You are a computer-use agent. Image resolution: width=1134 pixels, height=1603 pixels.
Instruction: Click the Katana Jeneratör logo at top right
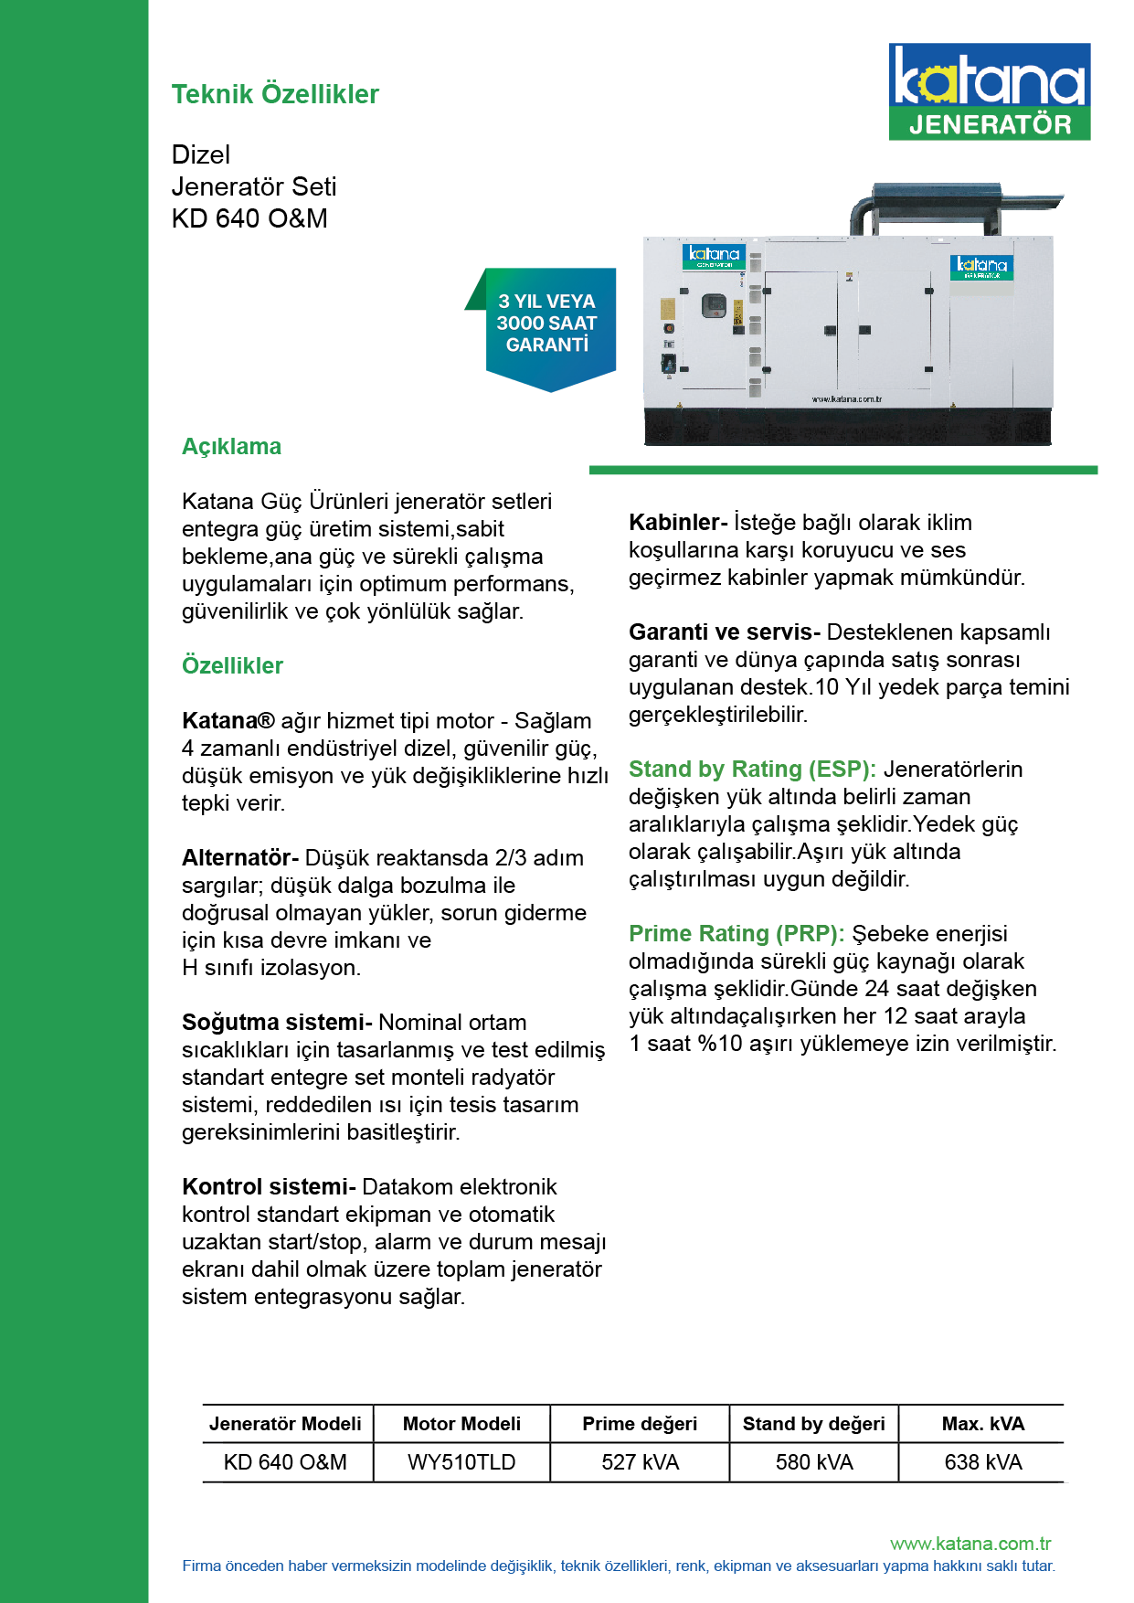[989, 91]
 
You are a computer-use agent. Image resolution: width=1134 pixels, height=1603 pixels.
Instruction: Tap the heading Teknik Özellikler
[275, 94]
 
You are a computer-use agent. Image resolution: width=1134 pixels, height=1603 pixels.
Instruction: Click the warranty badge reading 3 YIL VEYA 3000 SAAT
[546, 324]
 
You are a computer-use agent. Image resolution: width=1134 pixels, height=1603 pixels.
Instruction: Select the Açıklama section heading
[231, 447]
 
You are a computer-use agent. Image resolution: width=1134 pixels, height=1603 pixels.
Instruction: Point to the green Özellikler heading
[232, 665]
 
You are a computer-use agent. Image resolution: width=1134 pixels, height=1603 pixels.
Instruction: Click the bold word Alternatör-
[240, 857]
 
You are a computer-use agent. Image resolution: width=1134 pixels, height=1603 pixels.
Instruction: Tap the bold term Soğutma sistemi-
[277, 1022]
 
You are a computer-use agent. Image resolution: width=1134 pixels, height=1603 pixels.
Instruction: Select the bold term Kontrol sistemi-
[269, 1186]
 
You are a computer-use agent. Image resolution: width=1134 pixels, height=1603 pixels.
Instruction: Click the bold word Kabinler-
[678, 522]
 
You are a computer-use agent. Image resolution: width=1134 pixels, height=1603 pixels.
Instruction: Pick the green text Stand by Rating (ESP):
[752, 769]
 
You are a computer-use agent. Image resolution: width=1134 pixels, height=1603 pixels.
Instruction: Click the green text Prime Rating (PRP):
[737, 933]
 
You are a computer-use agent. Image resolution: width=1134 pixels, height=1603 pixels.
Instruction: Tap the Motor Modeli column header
[461, 1424]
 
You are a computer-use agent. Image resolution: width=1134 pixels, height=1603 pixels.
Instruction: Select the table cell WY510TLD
[461, 1462]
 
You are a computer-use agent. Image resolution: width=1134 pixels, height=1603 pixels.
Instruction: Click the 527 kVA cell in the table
[640, 1462]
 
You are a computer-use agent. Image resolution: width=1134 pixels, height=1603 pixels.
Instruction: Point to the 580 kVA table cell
[814, 1462]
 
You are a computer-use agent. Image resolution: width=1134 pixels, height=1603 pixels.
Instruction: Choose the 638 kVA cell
[983, 1462]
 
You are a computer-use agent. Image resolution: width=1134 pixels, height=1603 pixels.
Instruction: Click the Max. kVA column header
[983, 1424]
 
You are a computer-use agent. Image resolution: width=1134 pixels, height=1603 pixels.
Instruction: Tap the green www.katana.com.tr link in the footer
[970, 1544]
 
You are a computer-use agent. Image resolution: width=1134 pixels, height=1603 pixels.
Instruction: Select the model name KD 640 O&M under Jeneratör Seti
[249, 218]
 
